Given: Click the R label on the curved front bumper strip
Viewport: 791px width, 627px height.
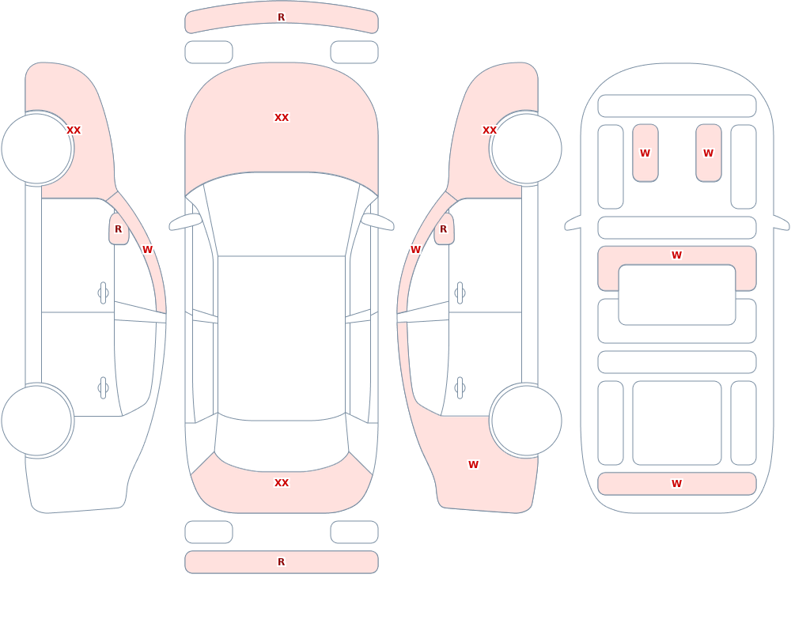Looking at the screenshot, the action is point(281,17).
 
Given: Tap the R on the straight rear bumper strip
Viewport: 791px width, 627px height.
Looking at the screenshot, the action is point(281,562).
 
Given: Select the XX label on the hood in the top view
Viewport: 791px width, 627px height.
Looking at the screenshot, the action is point(282,118).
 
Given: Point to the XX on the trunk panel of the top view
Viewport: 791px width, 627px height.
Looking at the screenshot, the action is point(282,483).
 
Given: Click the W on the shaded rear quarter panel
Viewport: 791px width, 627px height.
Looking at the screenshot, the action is point(473,465).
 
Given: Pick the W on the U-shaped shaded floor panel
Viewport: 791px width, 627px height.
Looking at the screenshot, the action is point(676,255).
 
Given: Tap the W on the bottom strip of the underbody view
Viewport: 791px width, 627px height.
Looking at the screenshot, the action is point(676,484).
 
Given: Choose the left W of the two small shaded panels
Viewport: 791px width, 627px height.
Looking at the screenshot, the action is point(645,153).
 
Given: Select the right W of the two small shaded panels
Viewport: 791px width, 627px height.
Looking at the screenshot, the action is point(708,153).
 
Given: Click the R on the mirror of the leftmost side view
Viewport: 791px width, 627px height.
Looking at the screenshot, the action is point(118,229).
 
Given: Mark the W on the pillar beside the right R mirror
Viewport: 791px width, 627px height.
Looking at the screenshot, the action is point(415,250).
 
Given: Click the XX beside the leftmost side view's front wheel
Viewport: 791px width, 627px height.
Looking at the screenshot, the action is point(74,130).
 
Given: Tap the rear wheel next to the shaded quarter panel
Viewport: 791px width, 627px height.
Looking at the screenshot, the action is point(526,420).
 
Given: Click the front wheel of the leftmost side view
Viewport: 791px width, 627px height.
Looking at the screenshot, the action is point(37,149).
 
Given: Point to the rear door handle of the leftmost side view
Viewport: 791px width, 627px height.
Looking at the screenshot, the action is point(103,388).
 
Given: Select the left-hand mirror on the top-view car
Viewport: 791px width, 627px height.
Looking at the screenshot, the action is point(184,222).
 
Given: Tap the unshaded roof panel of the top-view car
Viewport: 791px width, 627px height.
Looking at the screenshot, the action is point(282,338).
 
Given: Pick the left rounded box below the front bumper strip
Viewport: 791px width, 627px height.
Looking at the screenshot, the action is point(209,52).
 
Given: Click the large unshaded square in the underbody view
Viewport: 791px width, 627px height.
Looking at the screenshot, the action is point(676,423).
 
